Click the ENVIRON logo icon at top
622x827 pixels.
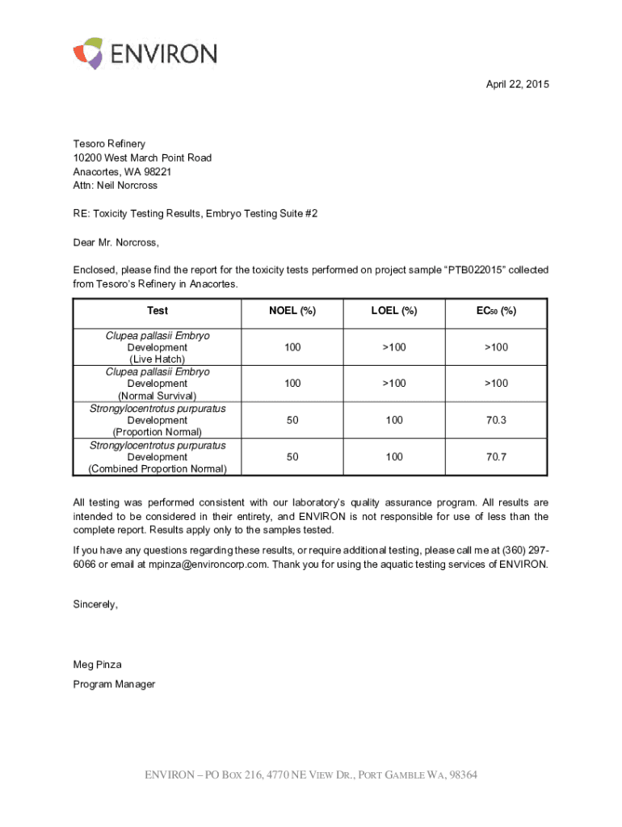point(88,53)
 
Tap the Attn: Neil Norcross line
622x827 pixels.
point(115,186)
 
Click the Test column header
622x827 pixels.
point(158,311)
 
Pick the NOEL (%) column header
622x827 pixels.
point(292,311)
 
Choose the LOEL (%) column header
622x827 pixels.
point(393,311)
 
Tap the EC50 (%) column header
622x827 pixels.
point(496,311)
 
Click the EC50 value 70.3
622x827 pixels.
point(496,421)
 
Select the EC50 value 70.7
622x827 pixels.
point(496,457)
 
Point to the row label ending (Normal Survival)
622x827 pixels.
point(158,396)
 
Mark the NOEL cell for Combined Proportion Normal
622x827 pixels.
point(292,457)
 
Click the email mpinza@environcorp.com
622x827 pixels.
point(208,565)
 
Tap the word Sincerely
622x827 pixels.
point(95,605)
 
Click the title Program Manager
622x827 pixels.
point(114,684)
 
